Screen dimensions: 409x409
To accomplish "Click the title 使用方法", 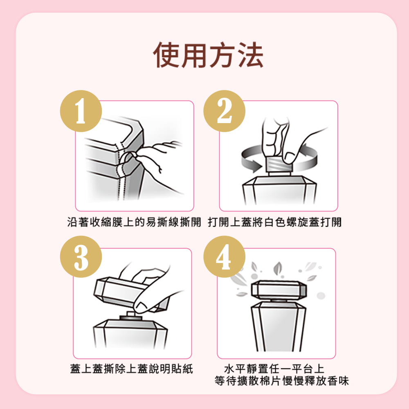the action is click(x=208, y=55).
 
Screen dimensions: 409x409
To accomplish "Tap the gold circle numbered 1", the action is click(x=81, y=111).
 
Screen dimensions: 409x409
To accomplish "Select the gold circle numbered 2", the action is click(x=224, y=111).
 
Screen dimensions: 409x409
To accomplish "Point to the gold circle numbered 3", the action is click(x=81, y=257).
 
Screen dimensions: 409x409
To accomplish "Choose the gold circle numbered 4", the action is click(x=224, y=257).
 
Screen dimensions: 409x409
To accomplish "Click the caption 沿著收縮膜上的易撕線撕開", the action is click(x=134, y=222).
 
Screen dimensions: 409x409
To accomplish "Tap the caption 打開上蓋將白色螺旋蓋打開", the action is click(x=275, y=222).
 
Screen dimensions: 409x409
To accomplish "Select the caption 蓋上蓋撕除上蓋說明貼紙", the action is click(x=131, y=369).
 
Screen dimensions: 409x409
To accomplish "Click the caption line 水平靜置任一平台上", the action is click(x=274, y=369).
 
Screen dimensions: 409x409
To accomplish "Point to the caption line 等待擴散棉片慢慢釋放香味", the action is click(x=281, y=381).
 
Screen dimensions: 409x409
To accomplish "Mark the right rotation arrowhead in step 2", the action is click(x=304, y=150).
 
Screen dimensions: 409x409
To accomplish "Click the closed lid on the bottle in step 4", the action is click(x=279, y=290).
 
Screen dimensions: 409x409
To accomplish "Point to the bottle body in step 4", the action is click(x=278, y=327).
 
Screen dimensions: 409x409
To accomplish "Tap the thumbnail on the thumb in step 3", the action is click(x=141, y=306).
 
